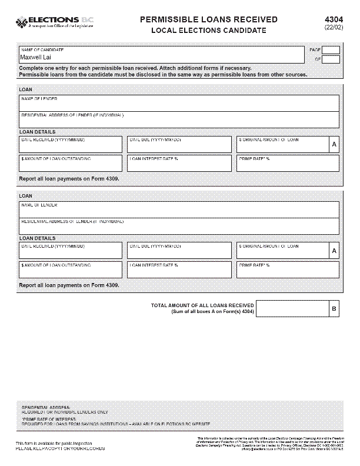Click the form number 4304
click(x=334, y=19)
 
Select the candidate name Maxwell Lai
click(x=35, y=58)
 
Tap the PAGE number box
click(x=331, y=51)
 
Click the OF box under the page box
click(x=331, y=59)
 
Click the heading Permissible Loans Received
click(x=209, y=19)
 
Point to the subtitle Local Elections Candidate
click(x=209, y=30)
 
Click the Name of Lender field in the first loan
click(x=179, y=103)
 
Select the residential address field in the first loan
click(x=179, y=120)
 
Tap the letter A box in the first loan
click(x=334, y=145)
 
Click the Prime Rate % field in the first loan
click(x=288, y=163)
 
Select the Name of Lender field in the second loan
click(x=179, y=209)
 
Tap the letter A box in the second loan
click(x=334, y=251)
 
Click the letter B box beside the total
click(x=334, y=308)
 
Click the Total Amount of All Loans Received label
click(x=202, y=305)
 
